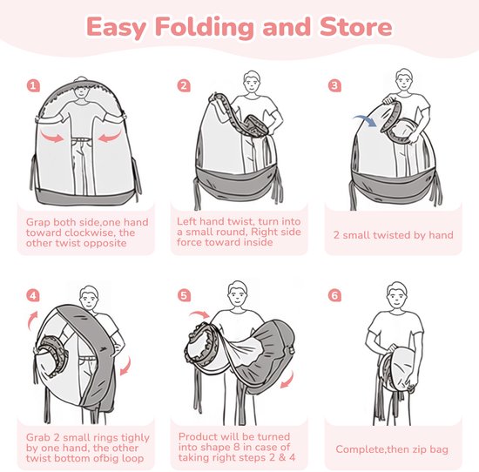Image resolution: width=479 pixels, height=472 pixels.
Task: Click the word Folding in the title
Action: pyautogui.click(x=205, y=28)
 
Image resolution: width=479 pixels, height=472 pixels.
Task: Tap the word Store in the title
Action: pyautogui.click(x=356, y=27)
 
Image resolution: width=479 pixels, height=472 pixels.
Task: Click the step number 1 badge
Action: pyautogui.click(x=33, y=86)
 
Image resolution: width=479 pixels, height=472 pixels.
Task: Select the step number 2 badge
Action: pyautogui.click(x=184, y=86)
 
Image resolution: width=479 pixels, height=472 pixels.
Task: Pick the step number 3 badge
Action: pyautogui.click(x=334, y=86)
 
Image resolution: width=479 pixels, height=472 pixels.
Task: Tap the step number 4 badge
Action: pyautogui.click(x=33, y=296)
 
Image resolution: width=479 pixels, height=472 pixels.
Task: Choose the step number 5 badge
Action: pyautogui.click(x=184, y=296)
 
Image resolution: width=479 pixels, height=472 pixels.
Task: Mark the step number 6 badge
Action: pyautogui.click(x=334, y=296)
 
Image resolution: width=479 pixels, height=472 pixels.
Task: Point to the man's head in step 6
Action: pyautogui.click(x=397, y=294)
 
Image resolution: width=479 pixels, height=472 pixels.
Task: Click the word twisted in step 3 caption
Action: pyautogui.click(x=392, y=235)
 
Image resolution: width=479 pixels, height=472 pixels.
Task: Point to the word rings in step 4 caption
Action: pyautogui.click(x=105, y=438)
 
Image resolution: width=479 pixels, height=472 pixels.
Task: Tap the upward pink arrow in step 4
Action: pyautogui.click(x=32, y=320)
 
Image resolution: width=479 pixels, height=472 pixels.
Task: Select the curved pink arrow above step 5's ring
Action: pyautogui.click(x=199, y=314)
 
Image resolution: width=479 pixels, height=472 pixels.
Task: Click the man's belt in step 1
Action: pyautogui.click(x=82, y=139)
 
